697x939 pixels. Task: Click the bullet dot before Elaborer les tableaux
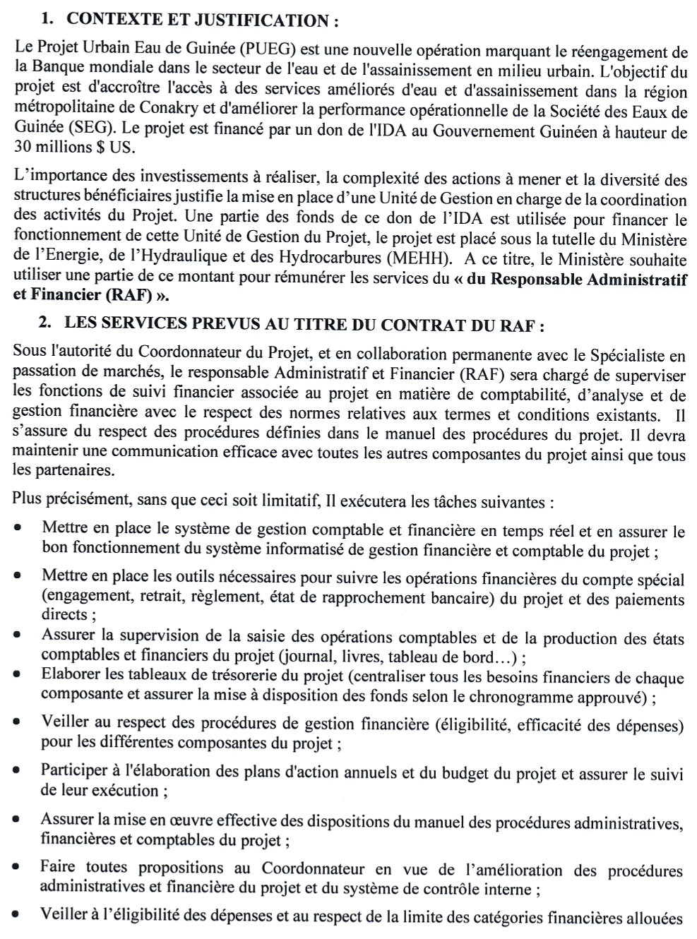pyautogui.click(x=17, y=675)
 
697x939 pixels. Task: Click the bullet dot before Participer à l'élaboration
pyautogui.click(x=17, y=772)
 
